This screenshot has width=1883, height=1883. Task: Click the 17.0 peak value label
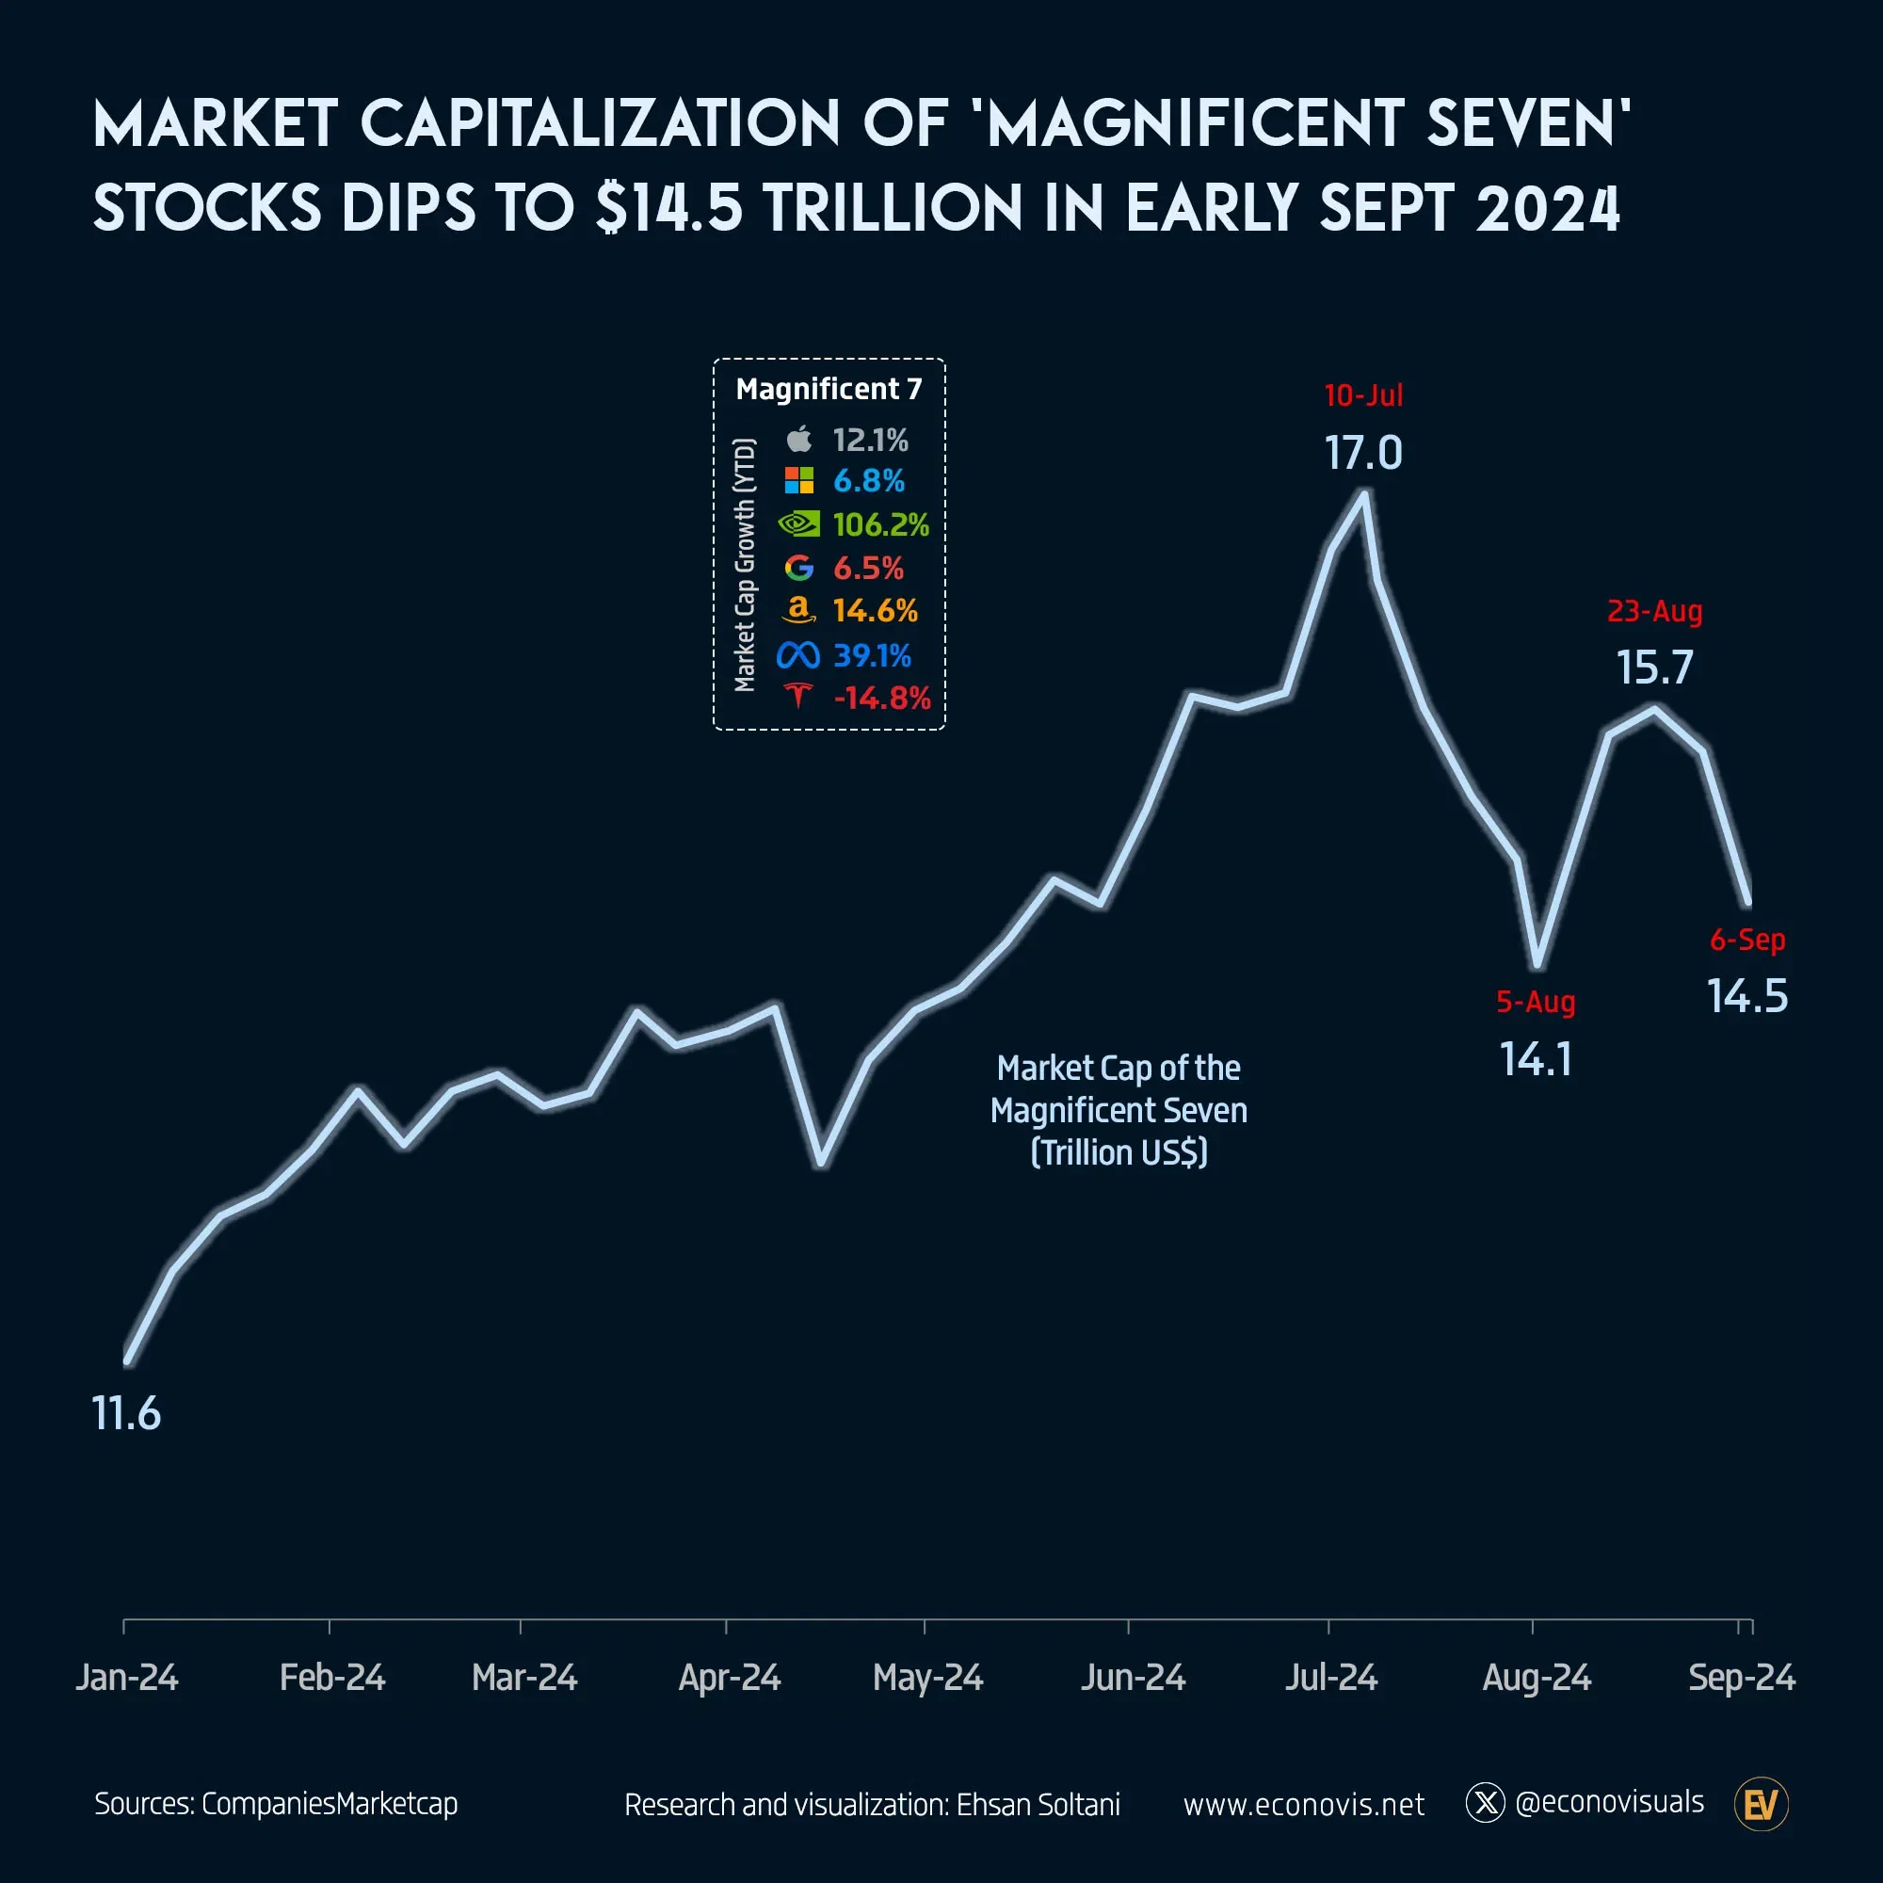[x=1362, y=453]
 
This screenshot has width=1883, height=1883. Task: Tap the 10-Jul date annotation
[x=1362, y=394]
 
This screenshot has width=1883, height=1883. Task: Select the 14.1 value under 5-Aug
[x=1536, y=1059]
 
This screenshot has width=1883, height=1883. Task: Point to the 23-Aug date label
[x=1654, y=611]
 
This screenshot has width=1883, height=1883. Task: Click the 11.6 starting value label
[x=126, y=1413]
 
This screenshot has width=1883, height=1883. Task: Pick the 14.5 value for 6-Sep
[x=1746, y=996]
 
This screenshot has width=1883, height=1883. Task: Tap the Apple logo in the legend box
[x=798, y=440]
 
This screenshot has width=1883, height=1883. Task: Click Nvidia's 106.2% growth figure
[x=880, y=525]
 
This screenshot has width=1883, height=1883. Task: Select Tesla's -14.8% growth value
[x=881, y=698]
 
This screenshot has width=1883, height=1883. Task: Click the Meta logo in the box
[x=797, y=655]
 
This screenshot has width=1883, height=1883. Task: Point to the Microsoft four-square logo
[x=798, y=480]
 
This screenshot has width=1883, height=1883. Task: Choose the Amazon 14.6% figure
[x=875, y=611]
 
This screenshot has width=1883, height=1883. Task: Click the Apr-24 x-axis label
[x=729, y=1678]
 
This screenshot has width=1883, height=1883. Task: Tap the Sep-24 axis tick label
[x=1741, y=1678]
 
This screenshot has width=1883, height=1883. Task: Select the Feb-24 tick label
[x=331, y=1678]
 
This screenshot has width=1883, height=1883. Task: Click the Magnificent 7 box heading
[x=829, y=389]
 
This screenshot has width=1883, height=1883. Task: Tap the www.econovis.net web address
[x=1303, y=1805]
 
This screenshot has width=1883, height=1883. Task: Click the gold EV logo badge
[x=1761, y=1805]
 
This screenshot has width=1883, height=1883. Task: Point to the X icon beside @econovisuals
[x=1486, y=1803]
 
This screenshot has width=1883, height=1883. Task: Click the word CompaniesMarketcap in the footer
[x=330, y=1804]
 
